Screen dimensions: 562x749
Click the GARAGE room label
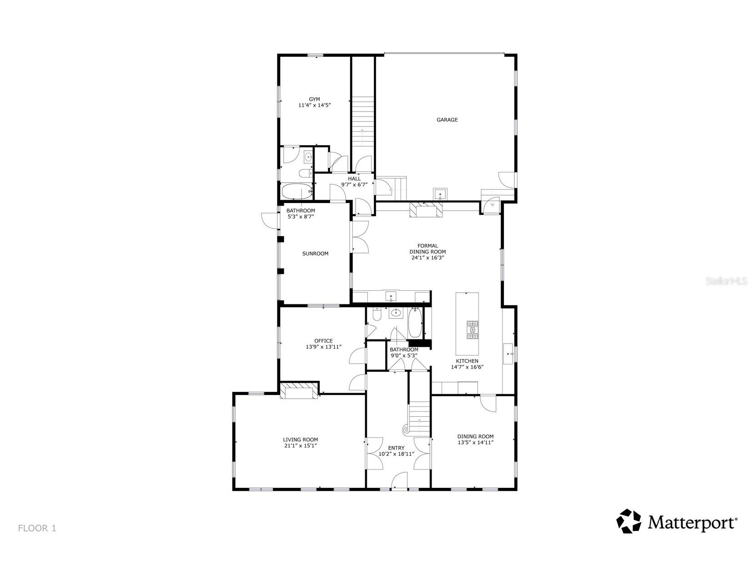click(447, 120)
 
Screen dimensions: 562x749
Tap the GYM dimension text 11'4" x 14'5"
click(314, 105)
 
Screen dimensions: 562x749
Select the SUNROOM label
click(315, 253)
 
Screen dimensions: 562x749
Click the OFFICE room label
click(323, 340)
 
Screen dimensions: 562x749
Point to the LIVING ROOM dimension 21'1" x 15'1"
click(300, 446)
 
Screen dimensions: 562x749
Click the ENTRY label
click(396, 448)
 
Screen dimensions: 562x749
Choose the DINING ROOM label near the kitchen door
click(475, 436)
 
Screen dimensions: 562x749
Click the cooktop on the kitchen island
click(473, 330)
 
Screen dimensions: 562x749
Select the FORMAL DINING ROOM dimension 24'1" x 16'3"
click(427, 258)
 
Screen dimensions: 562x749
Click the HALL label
click(354, 179)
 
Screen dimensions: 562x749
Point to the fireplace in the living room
click(299, 391)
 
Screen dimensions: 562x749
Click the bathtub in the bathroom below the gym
click(296, 191)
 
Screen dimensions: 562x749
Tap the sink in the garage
click(440, 194)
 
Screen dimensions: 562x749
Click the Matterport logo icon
click(628, 521)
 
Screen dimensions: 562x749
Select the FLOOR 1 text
click(37, 528)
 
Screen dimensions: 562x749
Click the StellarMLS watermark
click(726, 281)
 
